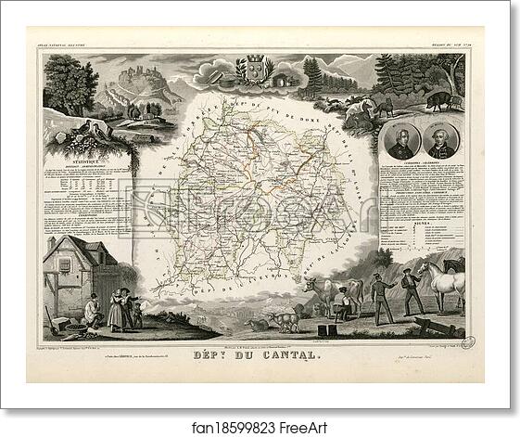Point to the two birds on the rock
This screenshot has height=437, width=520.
[x=91, y=127]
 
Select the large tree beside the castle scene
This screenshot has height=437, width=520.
[x=70, y=84]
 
